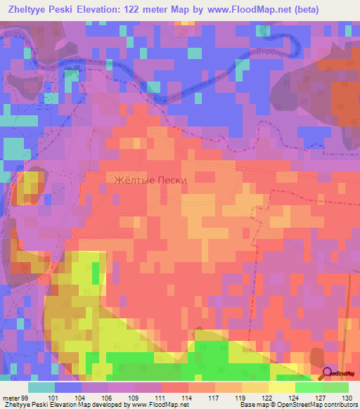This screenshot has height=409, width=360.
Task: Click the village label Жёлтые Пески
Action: coord(150,180)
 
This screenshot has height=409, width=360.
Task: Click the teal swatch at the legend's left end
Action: coord(41,387)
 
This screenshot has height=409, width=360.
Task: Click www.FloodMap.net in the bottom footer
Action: coord(150,405)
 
